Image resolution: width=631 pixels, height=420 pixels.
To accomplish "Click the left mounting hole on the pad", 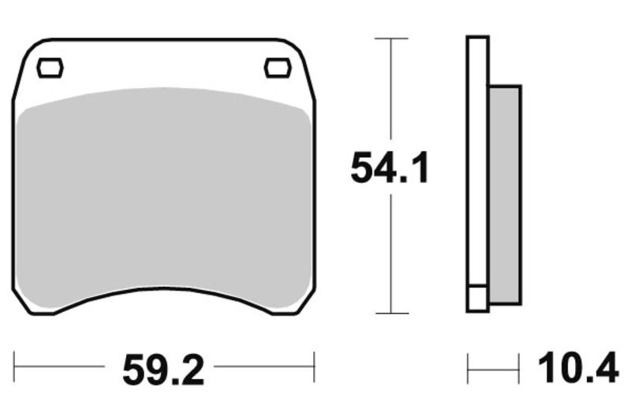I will pos(50,68).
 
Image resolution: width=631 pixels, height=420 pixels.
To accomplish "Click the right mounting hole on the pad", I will pos(277,68).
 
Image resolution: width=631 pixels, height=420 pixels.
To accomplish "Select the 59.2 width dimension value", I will pos(163,368).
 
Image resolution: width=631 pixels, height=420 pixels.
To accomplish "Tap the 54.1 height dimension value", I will pos(390,169).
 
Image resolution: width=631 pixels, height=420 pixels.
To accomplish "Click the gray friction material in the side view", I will pos(505,193).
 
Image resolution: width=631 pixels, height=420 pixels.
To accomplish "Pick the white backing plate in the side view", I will pos(478,158).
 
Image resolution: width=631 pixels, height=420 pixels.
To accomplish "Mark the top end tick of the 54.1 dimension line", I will pos(391,38).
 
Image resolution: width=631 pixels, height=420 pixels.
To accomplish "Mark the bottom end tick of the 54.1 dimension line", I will pos(391,313).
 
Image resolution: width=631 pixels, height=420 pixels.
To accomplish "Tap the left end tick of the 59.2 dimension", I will pos(15,367).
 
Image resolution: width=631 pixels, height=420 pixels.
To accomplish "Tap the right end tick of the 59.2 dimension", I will pos(314,367).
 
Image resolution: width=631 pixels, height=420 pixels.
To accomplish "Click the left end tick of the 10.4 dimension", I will pos(469,368).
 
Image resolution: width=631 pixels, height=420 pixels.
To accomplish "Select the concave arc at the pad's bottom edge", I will pos(163,292).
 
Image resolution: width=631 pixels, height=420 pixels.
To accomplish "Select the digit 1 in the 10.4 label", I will pos(546,368).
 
